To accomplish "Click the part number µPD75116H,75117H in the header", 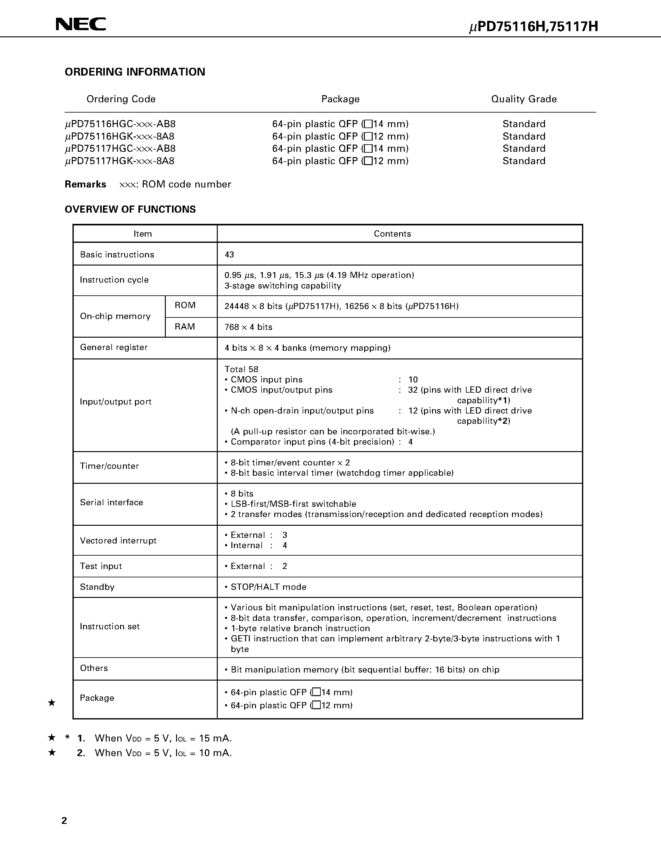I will coord(533,27).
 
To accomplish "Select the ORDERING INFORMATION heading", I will coord(135,72).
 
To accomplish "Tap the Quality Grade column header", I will coord(524,99).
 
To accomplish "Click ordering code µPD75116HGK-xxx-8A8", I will coord(120,136).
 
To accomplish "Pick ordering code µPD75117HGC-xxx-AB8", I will coord(120,149).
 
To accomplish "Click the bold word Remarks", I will coord(85,184).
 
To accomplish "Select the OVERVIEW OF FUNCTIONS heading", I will coord(130,210).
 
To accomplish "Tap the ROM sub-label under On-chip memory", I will coord(185,305).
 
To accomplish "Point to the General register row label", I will coord(114,347).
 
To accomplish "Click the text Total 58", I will coord(241,369).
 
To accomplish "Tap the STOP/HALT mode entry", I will coord(268,587).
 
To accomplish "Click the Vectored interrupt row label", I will coord(118,541).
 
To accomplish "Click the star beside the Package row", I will coord(51,703).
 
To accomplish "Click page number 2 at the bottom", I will coord(64,821).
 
